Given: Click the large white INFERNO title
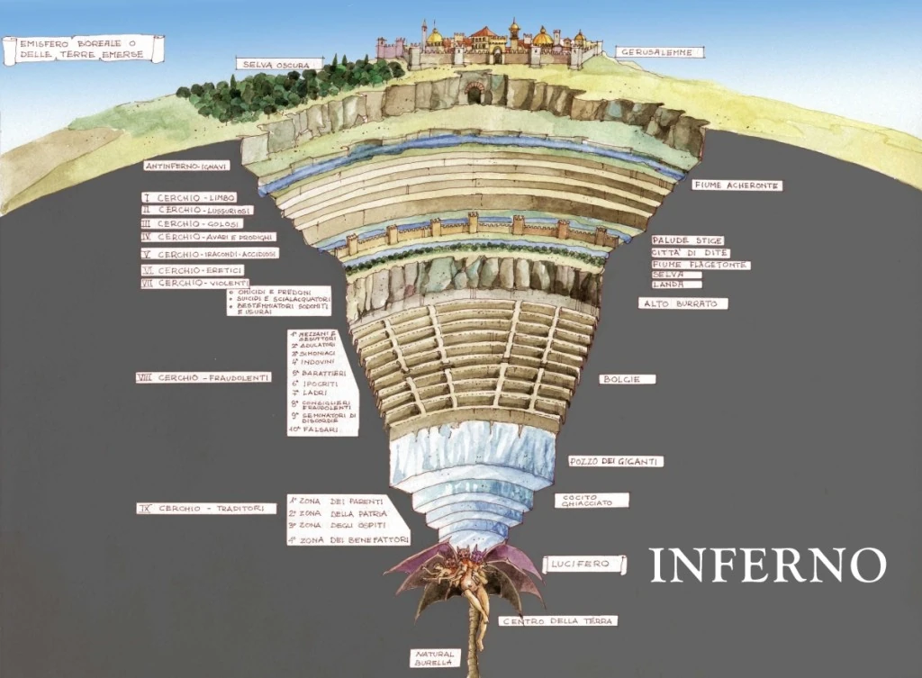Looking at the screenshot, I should pos(768,565).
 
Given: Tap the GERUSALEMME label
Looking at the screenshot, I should pos(660,52).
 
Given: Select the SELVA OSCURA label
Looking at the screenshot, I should pos(278,64).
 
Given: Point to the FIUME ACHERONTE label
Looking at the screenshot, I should pos(737,185).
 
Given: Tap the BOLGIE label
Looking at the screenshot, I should pos(627,379).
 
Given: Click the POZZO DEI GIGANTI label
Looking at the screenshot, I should pos(617,461).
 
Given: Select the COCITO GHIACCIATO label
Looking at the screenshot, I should pos(592,500).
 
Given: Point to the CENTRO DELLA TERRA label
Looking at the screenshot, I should pos(558,621).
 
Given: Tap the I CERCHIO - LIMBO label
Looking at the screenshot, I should pos(189,196).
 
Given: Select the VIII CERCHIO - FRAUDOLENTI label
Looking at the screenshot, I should pos(203,377).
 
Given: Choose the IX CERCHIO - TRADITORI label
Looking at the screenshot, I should pos(205,509).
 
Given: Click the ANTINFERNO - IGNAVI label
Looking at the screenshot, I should pos(188,166).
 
